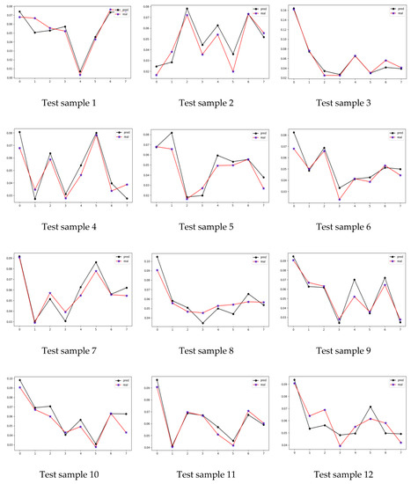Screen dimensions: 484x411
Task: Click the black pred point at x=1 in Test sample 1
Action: coord(34,33)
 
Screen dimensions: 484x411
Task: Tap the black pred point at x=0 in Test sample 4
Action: coord(19,132)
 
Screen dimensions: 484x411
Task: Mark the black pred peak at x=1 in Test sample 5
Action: coord(172,133)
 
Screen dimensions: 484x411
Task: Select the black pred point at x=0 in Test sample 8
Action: coord(158,257)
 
